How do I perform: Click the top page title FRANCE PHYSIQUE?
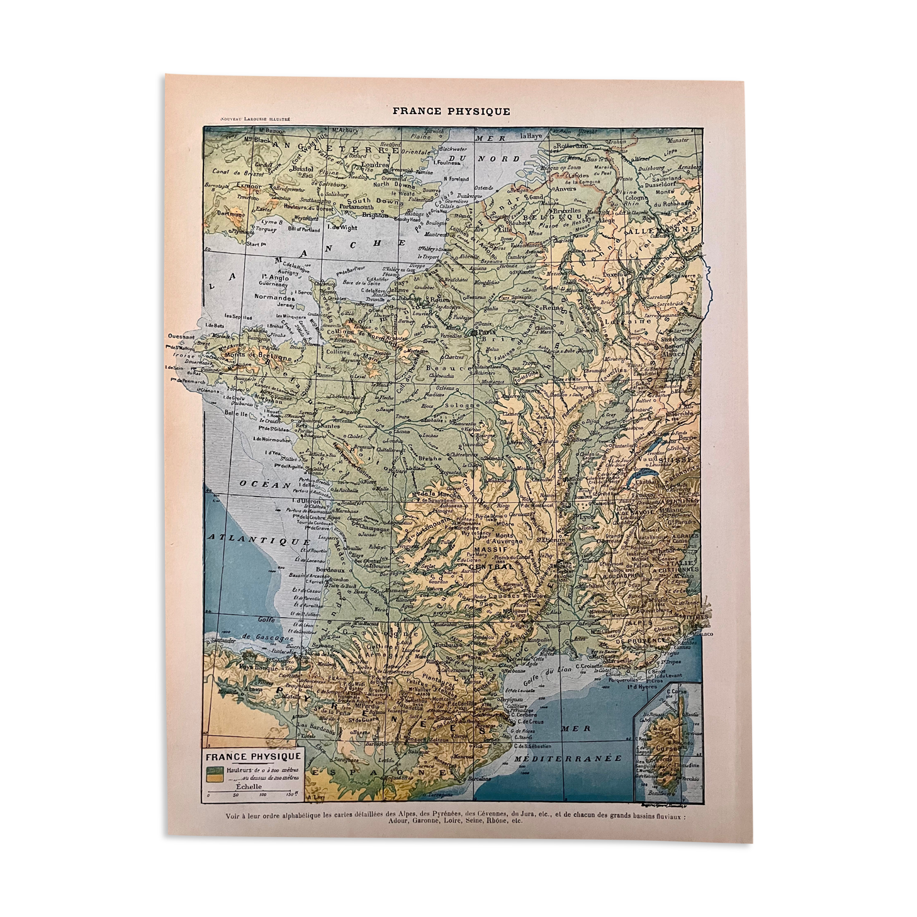451,111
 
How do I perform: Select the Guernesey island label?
271,284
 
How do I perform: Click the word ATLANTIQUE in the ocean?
259,540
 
